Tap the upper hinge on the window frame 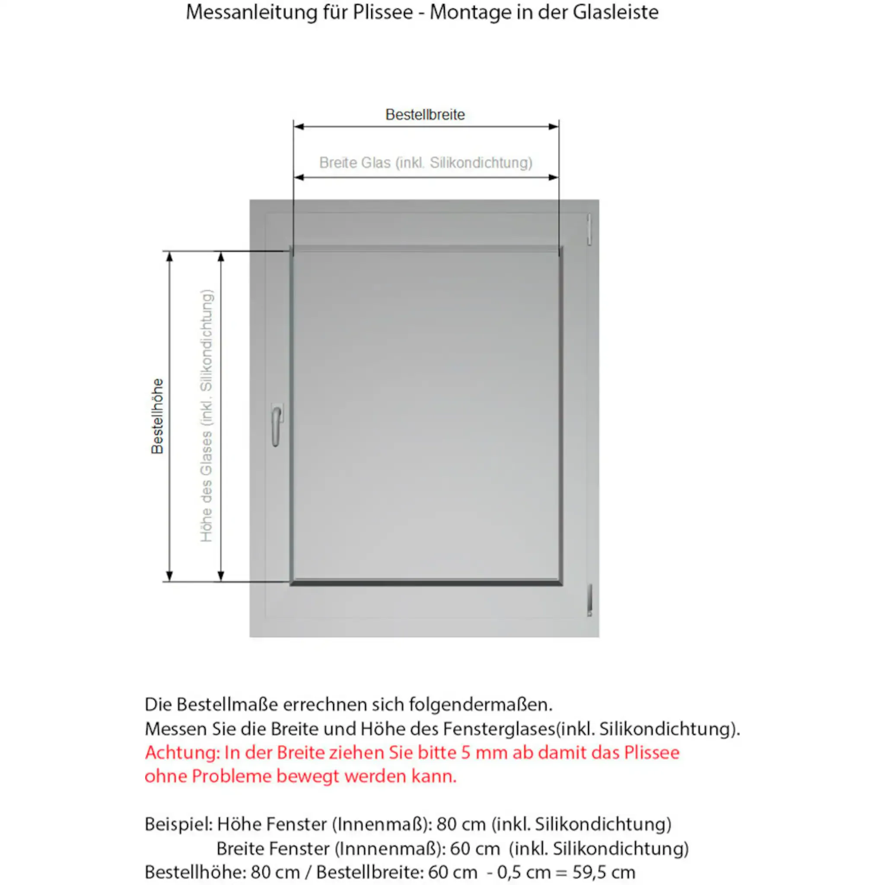pos(589,229)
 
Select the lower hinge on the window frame pos(589,600)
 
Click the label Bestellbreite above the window pos(425,115)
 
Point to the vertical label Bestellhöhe pos(157,416)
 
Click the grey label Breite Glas pos(426,162)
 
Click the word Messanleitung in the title pos(251,13)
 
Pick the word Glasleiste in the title pos(615,13)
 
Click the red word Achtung pos(182,753)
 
